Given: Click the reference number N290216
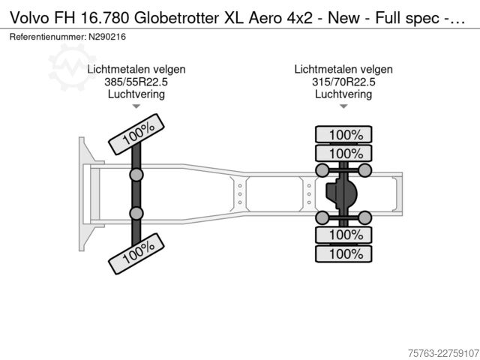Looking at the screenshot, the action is (107, 37).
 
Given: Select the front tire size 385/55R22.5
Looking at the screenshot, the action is (136, 82).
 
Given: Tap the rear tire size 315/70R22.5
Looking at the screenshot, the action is (343, 82).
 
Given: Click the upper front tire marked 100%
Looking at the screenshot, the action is (136, 134).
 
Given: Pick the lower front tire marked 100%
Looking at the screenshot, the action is (136, 253).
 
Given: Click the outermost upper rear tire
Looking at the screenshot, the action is (343, 134).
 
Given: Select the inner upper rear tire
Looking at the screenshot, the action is (343, 153).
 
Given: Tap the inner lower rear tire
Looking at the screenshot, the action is (343, 235).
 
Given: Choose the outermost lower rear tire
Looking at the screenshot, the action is (343, 253).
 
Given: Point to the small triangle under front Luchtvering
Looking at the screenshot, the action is (136, 106).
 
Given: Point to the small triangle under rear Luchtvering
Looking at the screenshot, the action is (343, 106).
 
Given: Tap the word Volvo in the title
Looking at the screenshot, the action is (29, 18).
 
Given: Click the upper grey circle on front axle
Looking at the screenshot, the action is (136, 175).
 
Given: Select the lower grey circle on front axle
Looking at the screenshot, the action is (136, 213).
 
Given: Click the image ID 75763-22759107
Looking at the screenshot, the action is (443, 353).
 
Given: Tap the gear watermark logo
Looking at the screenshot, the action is (72, 67).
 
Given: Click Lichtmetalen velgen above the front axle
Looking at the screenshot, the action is (136, 70).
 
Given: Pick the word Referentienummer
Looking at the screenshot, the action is (47, 37).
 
